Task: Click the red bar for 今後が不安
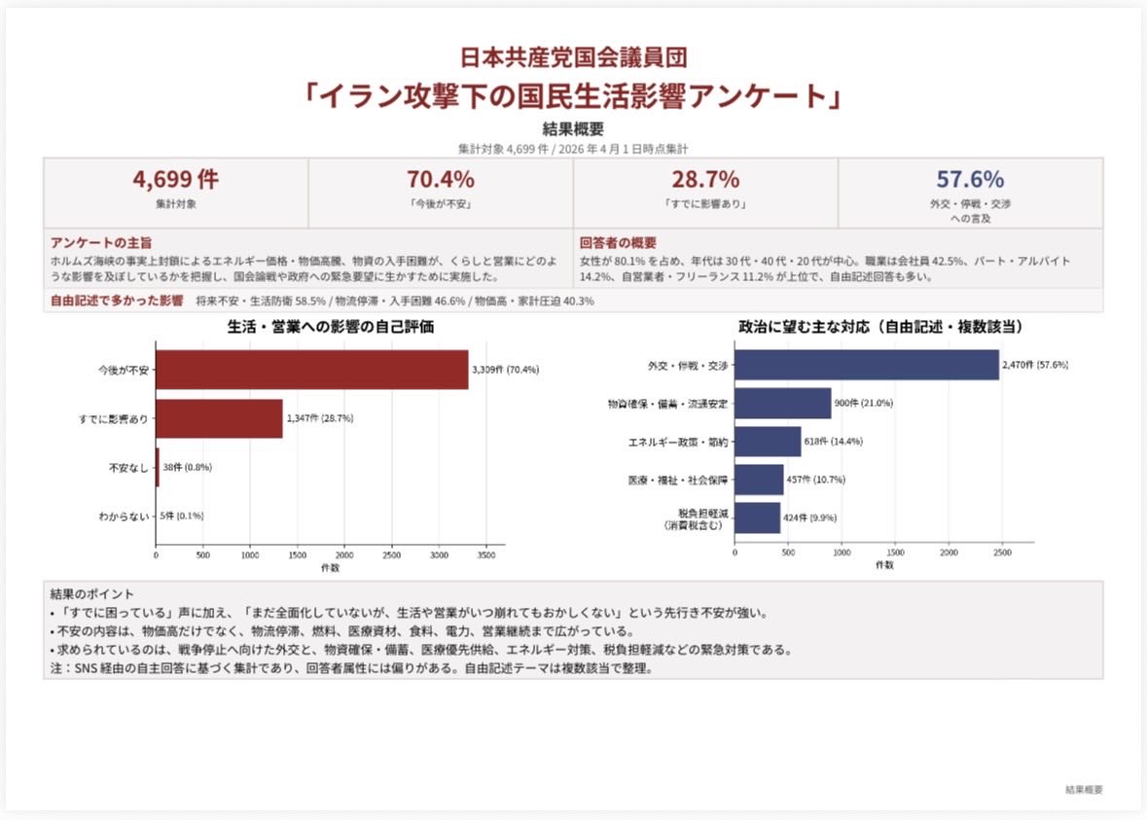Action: click(311, 370)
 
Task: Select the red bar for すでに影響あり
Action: click(219, 418)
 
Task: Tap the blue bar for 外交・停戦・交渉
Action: click(866, 365)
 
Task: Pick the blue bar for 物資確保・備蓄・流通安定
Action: click(782, 403)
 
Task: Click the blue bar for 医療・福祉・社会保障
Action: click(758, 479)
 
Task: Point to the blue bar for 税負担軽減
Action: click(757, 517)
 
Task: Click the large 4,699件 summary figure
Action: click(175, 180)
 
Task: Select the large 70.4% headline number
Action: click(440, 180)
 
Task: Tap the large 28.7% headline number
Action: click(705, 180)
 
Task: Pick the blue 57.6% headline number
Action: click(970, 180)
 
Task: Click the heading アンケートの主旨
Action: click(101, 243)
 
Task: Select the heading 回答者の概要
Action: click(618, 243)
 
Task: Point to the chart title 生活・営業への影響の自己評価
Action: click(330, 327)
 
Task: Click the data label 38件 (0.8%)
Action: click(187, 467)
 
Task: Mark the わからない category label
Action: click(124, 516)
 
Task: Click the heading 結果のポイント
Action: click(92, 592)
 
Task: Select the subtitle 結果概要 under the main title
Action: click(573, 129)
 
